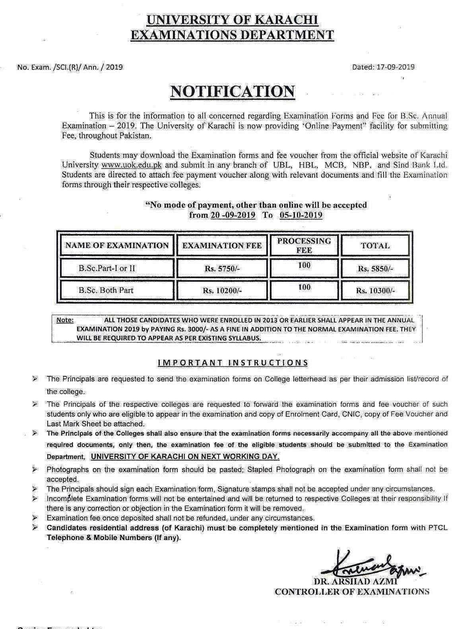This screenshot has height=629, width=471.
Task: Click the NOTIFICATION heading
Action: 233,92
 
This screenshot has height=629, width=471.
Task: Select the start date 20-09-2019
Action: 233,215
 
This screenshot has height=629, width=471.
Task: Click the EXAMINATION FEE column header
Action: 222,246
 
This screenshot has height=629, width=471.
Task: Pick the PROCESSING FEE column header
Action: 304,245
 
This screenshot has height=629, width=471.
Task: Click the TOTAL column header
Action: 375,246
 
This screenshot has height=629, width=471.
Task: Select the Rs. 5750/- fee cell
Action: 222,269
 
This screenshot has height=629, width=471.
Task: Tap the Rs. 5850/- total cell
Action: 375,269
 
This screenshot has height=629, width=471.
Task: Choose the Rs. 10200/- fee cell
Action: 222,290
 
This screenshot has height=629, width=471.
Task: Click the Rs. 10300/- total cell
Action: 375,290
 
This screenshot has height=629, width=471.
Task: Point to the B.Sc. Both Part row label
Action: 106,290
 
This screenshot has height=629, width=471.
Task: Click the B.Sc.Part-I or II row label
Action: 107,268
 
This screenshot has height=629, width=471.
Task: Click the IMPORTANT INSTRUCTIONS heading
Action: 233,362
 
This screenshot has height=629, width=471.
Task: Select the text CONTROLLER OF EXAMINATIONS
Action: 352,591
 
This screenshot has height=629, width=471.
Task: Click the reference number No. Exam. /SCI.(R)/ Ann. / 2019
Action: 70,67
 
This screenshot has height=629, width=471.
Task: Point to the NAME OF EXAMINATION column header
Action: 117,246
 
